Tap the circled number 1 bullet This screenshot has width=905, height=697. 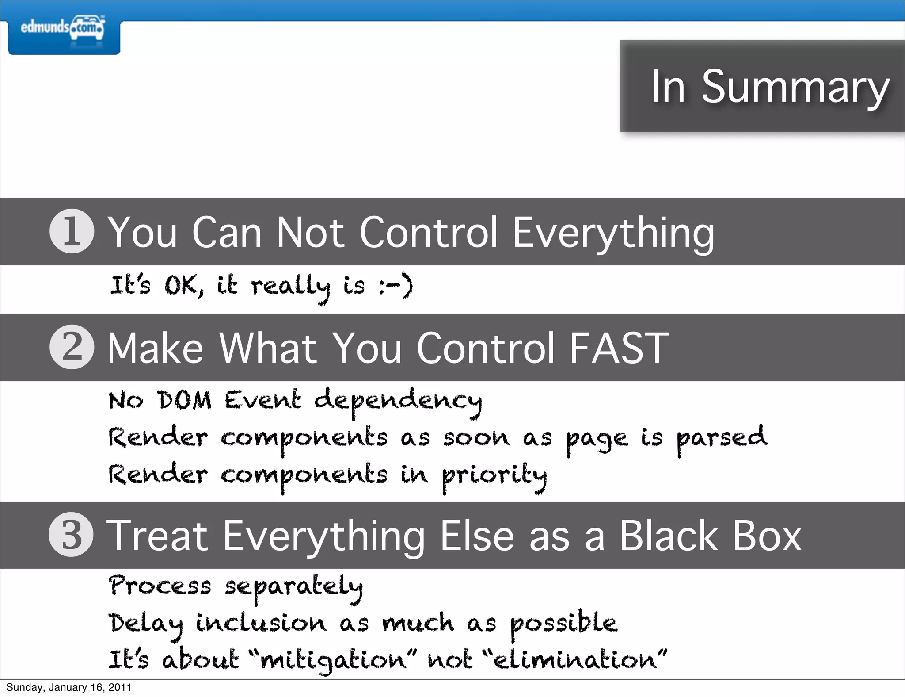pos(72,231)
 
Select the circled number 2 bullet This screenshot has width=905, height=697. pos(72,347)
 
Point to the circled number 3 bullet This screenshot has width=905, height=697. pos(71,534)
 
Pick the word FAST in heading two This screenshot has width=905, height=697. pos(619,348)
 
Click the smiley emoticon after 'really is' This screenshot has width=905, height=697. pos(396,285)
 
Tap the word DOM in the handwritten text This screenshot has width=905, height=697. pos(185,400)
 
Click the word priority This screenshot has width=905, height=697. pos(494,476)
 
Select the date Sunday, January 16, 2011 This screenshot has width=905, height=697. pos(69,687)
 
